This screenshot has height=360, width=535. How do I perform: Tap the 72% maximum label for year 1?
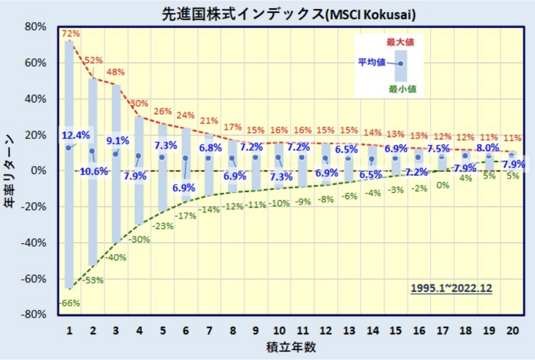(x=70, y=33)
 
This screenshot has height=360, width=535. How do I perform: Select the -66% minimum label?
(x=70, y=303)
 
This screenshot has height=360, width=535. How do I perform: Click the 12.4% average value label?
(x=76, y=135)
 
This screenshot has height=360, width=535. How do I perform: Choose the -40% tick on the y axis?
(x=34, y=243)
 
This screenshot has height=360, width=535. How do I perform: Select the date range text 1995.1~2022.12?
(x=451, y=288)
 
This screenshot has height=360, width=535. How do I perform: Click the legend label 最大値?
(x=400, y=43)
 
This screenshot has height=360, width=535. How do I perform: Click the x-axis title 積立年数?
(x=292, y=348)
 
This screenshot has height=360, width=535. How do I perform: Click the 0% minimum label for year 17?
(x=442, y=185)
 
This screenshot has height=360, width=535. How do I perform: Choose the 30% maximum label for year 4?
(x=140, y=103)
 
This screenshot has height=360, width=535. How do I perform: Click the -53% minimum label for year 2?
(x=94, y=280)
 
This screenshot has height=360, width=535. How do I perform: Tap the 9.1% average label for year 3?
(x=118, y=141)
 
